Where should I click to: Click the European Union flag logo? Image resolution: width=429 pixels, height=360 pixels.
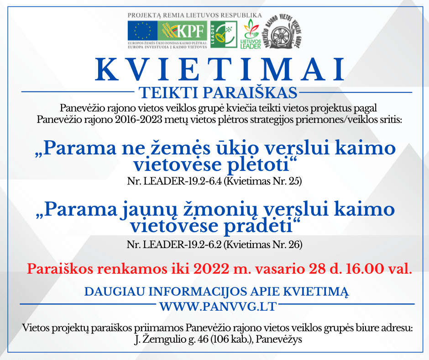point(142,31)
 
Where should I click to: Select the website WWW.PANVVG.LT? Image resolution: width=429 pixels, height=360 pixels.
point(218,306)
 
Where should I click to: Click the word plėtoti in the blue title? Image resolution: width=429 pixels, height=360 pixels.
point(258,164)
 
